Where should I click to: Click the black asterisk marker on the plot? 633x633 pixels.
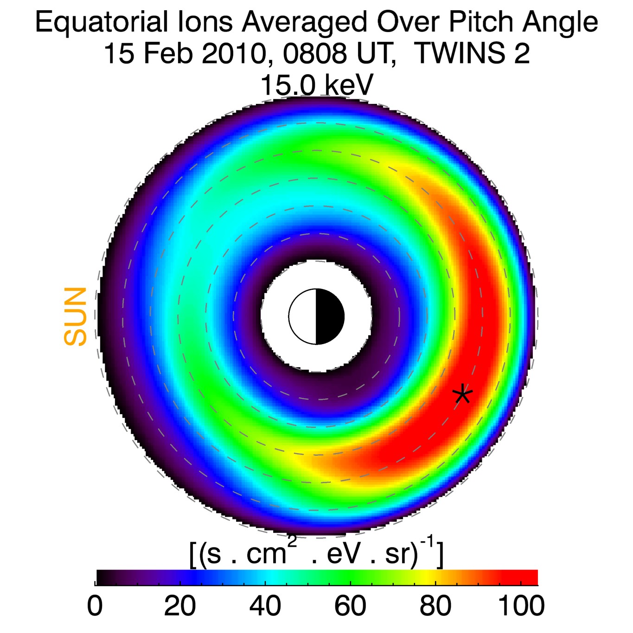(x=463, y=395)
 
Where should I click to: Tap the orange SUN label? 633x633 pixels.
(x=76, y=316)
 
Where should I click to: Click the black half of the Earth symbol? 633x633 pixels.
(x=330, y=317)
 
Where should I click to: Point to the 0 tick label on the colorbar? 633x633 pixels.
(x=95, y=606)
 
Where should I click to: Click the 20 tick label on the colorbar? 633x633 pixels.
(x=180, y=606)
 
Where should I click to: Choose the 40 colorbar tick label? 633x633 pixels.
(x=265, y=606)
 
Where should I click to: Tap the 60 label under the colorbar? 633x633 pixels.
(x=351, y=606)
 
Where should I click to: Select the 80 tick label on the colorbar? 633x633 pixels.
(x=435, y=606)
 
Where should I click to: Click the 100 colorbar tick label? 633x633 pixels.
(x=521, y=606)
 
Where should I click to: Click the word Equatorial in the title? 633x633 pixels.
(x=102, y=22)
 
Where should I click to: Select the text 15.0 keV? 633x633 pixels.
(x=317, y=85)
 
